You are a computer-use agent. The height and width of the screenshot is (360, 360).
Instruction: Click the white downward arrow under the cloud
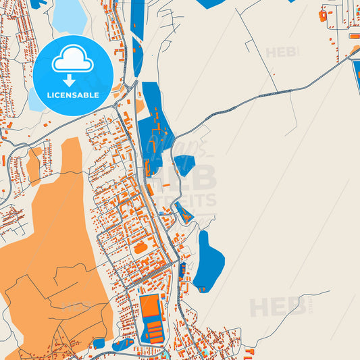click(72, 80)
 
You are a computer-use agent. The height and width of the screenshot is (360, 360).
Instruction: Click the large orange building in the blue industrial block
click(150, 307)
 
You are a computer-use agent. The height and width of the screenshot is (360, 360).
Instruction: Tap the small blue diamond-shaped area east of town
click(184, 164)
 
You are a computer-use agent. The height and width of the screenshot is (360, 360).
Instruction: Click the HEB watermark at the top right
click(282, 52)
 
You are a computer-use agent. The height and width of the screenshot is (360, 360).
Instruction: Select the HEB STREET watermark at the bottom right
click(278, 308)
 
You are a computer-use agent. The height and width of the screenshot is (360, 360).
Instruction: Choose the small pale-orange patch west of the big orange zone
click(33, 166)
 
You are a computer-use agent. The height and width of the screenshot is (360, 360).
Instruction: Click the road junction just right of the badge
click(134, 84)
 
